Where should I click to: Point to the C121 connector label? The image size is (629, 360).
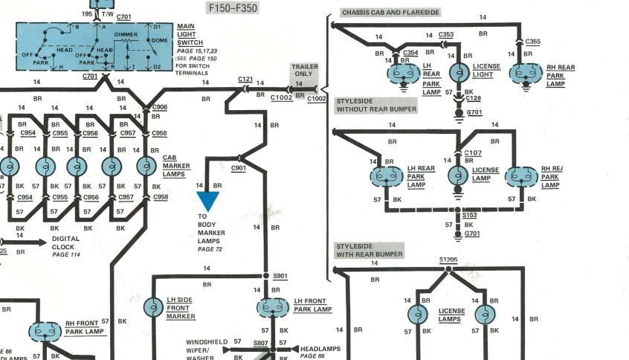coord(245,78)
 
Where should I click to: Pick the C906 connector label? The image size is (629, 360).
coord(160,107)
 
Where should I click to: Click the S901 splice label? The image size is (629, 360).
coord(280,276)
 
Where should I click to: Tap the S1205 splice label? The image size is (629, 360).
coord(448,260)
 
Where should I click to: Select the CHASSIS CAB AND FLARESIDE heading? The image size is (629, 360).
coord(390,13)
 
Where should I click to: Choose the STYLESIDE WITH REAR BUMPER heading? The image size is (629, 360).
coord(370,250)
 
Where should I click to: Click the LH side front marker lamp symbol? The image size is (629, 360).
coord(153,306)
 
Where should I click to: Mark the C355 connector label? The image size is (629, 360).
coord(533,42)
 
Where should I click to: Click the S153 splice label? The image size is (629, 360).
coord(469,215)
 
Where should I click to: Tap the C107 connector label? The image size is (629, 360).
coord(473,153)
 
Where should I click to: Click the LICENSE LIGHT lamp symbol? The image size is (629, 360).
coord(459,73)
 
